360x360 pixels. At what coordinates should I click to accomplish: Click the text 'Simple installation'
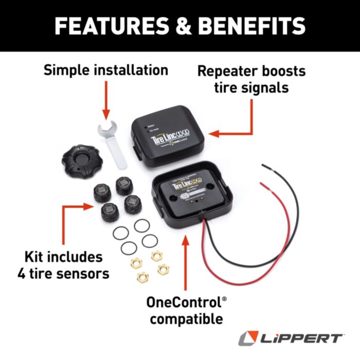[106, 69]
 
